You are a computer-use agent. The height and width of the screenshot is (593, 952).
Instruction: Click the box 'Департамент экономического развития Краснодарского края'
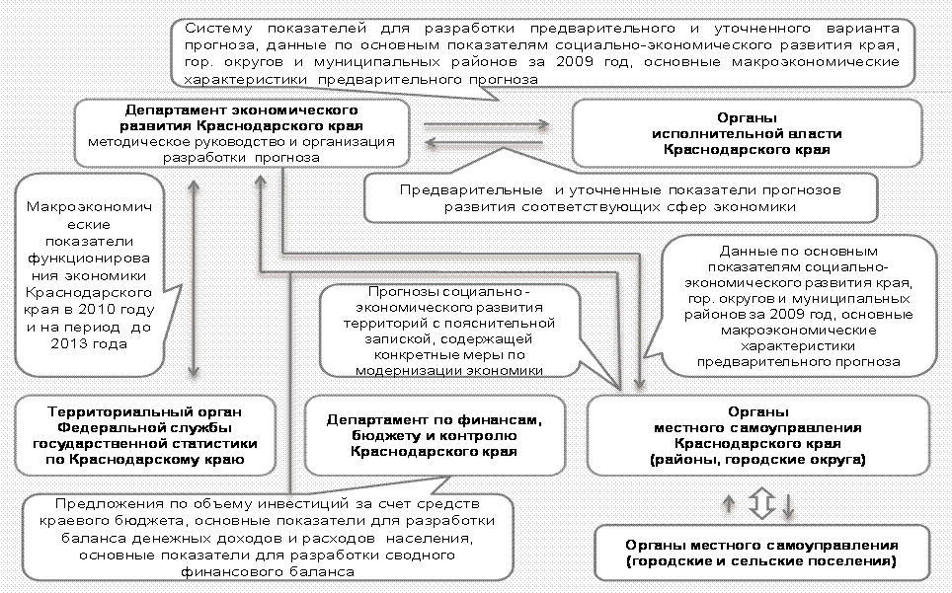241,131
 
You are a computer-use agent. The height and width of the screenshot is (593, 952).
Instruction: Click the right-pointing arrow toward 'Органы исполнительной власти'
487,125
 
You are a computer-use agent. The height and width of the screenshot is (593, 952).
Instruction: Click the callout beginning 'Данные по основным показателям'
796,308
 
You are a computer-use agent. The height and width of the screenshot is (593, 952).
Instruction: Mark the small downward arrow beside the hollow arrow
788,506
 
